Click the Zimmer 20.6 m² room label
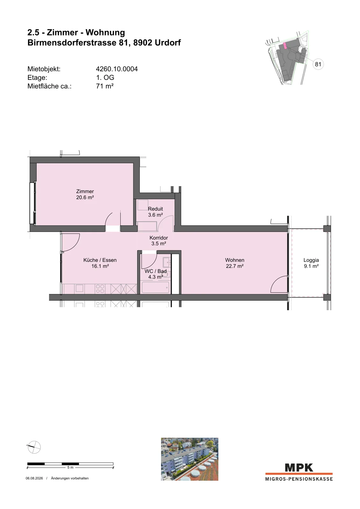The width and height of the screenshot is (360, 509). coord(85,194)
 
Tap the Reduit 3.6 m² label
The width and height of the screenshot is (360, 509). coord(155,212)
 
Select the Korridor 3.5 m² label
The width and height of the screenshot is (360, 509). coord(159,241)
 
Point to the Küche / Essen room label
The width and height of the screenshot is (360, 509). coord(100,263)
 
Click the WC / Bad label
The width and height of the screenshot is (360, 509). coord(156,271)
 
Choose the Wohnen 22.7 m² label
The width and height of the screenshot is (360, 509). coord(235,263)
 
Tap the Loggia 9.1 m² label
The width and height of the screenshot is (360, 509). coord(311,263)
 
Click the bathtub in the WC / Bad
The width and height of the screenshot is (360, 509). coord(156,288)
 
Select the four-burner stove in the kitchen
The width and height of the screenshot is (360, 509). coord(100,289)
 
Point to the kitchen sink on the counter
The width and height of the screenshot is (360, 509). coord(79,288)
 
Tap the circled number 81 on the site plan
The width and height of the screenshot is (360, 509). coord(318,64)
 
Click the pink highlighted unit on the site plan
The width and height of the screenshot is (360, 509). coord(285,45)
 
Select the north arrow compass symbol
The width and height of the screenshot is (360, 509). coord(34,447)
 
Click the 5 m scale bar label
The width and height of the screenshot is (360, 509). coord(70,467)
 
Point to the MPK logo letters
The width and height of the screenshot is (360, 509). coord(299,468)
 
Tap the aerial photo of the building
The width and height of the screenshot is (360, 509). coord(189,459)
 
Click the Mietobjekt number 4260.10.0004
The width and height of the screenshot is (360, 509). coord(117,69)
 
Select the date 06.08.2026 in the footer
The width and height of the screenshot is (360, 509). coord(34,478)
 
